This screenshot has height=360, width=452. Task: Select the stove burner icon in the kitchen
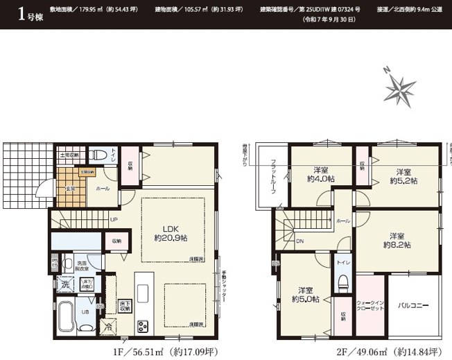pos(144,325)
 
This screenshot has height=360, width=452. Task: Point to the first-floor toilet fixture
pos(100,155)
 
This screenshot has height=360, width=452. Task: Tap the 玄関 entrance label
pos(71,188)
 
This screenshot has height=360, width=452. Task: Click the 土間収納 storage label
pos(71,155)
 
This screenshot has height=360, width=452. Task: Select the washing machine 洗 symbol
pos(64,284)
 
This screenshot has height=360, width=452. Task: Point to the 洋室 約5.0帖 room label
pos(305,295)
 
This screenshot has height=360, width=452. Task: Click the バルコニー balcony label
pos(414,305)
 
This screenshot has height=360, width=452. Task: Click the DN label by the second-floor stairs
pos(299,241)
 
